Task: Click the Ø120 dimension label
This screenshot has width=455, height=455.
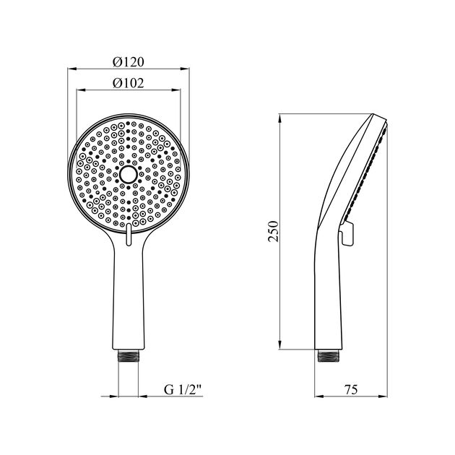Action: pos(129,61)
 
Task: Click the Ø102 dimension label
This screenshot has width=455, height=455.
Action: pos(129,82)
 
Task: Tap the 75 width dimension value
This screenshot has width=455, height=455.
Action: pos(351,389)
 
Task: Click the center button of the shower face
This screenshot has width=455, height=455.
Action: pos(129,175)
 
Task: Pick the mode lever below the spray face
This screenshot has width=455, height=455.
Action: pos(129,235)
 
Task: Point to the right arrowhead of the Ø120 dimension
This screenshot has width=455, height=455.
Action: pos(186,69)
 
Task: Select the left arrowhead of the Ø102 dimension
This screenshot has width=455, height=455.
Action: pos(79,91)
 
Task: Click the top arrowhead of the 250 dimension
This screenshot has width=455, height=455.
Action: pos(281,117)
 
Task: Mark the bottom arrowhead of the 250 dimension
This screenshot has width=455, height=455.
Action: pos(281,346)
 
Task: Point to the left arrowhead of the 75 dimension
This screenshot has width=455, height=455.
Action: pos(318,396)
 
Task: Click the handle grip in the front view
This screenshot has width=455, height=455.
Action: pos(129,296)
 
